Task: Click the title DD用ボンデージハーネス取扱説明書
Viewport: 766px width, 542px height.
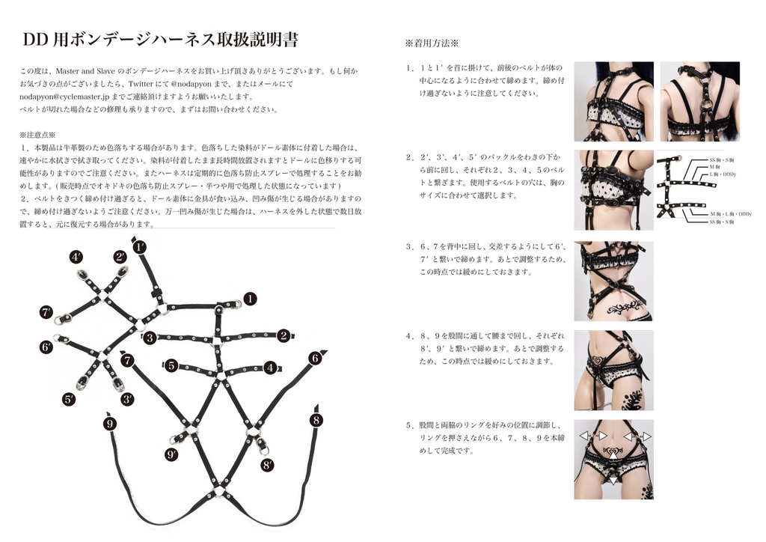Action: tap(161, 39)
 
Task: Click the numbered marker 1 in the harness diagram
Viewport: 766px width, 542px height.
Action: tap(250, 299)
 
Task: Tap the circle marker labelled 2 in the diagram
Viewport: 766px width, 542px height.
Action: tap(284, 335)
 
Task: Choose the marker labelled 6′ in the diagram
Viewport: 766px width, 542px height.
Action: tap(46, 347)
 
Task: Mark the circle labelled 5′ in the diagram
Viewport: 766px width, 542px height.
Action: tap(69, 399)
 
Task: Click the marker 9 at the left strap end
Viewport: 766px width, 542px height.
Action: tap(110, 424)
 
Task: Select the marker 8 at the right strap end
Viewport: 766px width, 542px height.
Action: tap(316, 420)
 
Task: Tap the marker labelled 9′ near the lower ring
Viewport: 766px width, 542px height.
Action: tap(172, 454)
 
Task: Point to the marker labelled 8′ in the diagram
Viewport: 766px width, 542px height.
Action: tap(267, 465)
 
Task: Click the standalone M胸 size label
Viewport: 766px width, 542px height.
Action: tap(715, 167)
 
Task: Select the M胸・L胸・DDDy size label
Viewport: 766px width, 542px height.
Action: tap(730, 215)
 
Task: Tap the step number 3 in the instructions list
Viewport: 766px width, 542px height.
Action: tap(410, 246)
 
